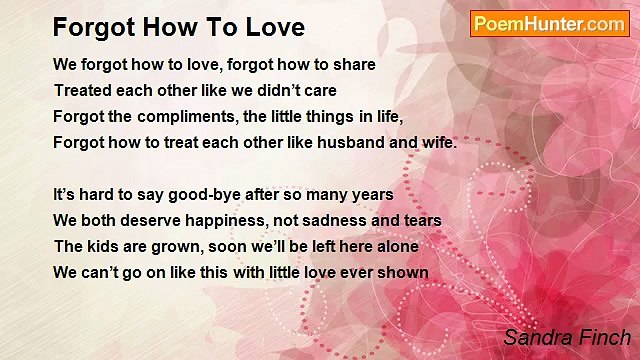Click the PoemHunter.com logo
pos(549,24)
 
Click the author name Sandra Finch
pos(567,337)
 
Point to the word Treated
pos(84,90)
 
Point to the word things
pos(325,116)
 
